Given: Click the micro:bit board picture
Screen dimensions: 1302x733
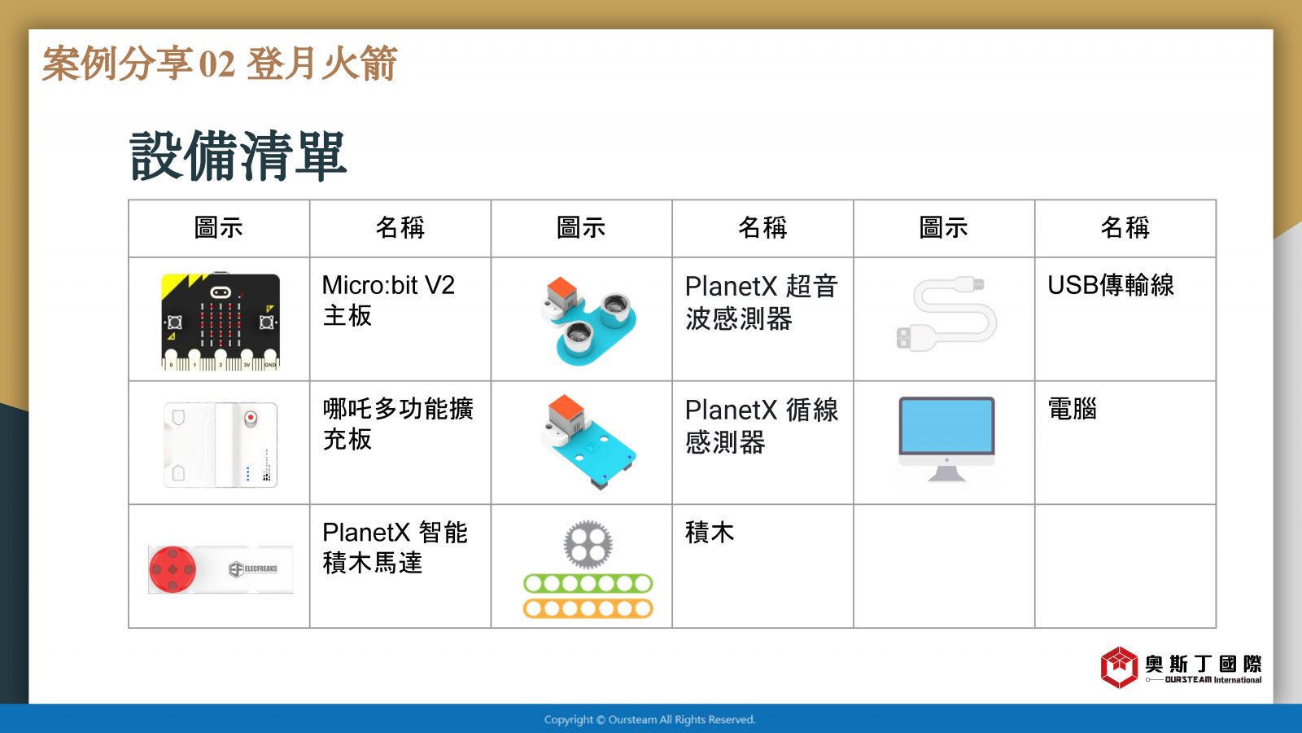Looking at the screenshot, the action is coord(221,321).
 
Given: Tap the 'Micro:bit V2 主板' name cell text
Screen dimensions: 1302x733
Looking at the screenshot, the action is coord(388,301).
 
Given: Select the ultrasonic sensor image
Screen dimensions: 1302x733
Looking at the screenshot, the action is coord(589,321).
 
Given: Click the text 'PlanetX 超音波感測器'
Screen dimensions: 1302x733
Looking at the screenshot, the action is coord(761,302).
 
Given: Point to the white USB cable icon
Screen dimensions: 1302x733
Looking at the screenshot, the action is coord(946,314).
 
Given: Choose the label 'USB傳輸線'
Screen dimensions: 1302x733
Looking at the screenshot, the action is coord(1110,286).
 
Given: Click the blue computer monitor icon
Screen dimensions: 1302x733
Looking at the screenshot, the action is coord(946,440).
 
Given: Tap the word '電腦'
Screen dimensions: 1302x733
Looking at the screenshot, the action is coord(1073,409).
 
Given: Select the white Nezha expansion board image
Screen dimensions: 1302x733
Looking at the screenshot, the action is coord(221,445).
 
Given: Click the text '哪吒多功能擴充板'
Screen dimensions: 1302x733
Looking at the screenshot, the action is coord(398,424).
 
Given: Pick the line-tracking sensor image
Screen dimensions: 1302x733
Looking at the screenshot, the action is coord(589,443).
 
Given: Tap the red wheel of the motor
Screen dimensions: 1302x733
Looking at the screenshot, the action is coord(173,569).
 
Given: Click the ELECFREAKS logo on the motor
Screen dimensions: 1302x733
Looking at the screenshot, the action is coord(253,569).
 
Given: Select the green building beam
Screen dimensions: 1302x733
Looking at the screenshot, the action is coord(588,583).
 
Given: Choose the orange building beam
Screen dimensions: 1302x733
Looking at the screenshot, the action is coord(588,608).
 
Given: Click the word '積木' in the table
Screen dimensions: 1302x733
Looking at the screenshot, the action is coord(710,533).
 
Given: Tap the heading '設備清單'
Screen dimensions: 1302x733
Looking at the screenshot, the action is coord(238,156).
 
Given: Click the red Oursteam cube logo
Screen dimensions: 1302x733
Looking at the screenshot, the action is coord(1119,667).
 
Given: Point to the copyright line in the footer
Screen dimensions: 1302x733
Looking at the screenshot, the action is coord(649,720).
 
